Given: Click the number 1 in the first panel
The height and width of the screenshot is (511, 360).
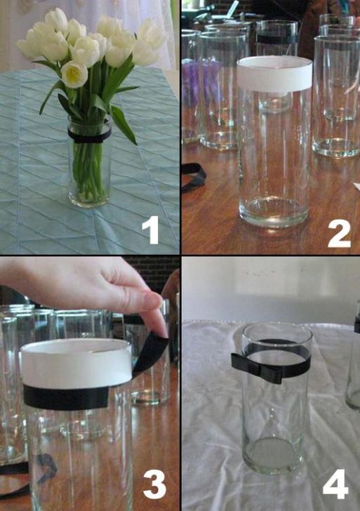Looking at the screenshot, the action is pyautogui.click(x=150, y=230).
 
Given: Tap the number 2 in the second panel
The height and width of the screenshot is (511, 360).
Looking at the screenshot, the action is pyautogui.click(x=339, y=233).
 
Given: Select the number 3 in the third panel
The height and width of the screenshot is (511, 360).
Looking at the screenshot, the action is pyautogui.click(x=154, y=485).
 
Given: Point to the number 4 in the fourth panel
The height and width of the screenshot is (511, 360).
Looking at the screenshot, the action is pyautogui.click(x=335, y=484).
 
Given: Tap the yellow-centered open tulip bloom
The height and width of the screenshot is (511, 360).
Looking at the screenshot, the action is pyautogui.click(x=74, y=74).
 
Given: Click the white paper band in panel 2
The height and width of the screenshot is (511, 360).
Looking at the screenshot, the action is pyautogui.click(x=274, y=74).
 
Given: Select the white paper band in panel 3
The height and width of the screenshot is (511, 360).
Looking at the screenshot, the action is pyautogui.click(x=77, y=364).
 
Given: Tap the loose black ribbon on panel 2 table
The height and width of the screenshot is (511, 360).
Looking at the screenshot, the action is pyautogui.click(x=194, y=177).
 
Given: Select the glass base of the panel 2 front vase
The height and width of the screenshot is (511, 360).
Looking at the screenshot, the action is pyautogui.click(x=274, y=212).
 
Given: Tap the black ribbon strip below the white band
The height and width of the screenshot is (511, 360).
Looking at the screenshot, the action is pyautogui.click(x=66, y=397).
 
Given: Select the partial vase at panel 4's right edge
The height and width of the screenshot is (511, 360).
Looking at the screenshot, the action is pyautogui.click(x=353, y=359).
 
